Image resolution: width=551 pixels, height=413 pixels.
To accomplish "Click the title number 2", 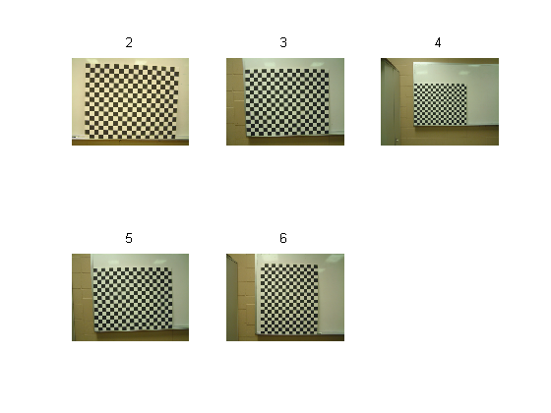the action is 129,43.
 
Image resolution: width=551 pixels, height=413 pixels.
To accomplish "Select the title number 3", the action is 283,43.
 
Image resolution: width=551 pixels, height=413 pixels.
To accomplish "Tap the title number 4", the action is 438,43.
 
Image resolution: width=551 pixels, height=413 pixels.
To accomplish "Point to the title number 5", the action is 129,238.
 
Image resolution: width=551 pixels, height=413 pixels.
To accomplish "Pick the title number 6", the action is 283,238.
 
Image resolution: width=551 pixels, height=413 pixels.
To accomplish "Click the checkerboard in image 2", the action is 132,101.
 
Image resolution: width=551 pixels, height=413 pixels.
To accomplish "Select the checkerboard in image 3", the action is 287,102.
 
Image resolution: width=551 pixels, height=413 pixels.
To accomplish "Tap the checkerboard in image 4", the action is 441,104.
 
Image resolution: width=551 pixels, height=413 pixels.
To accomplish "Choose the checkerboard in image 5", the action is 133,299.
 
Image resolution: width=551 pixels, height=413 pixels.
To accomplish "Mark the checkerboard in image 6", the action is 289,299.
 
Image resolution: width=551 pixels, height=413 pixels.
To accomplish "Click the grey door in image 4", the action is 390,102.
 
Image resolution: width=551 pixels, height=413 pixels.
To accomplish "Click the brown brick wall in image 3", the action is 235,102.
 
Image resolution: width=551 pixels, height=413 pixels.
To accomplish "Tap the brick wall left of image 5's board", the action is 82,297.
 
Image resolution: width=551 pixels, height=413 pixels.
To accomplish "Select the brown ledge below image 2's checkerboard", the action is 130,143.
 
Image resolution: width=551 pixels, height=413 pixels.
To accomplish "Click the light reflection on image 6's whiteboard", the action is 333,259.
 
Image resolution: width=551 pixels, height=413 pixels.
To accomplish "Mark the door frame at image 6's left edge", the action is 232,298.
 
